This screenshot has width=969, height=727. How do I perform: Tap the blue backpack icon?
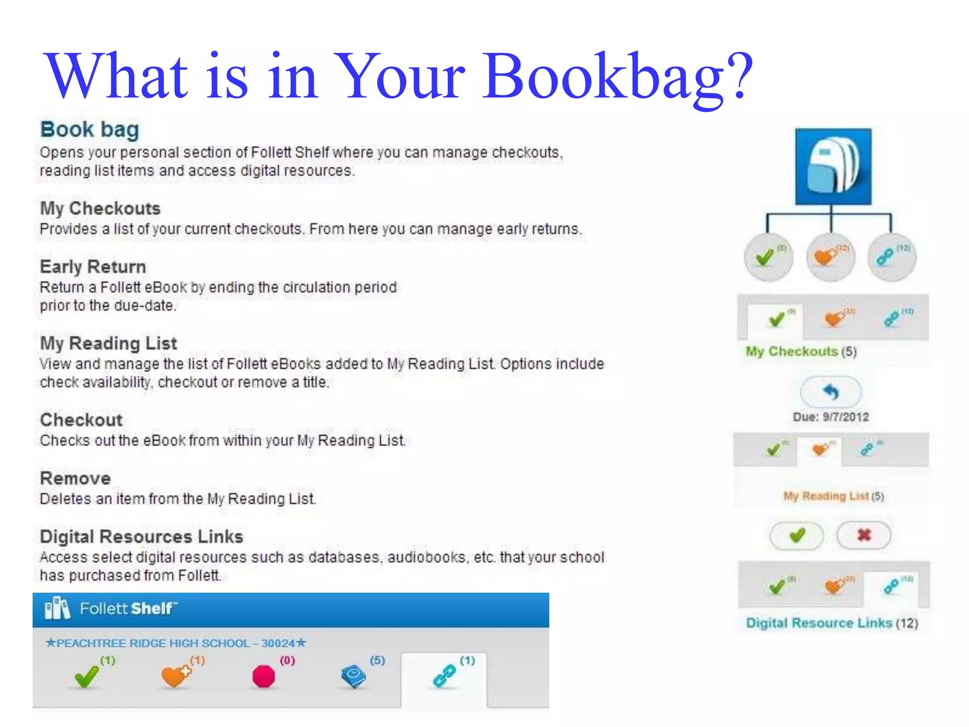point(833,167)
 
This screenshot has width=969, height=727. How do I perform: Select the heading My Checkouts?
point(100,208)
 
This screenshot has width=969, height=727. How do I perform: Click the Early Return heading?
point(93,266)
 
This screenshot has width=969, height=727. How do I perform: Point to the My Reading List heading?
point(108,343)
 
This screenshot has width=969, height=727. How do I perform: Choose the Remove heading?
point(75,478)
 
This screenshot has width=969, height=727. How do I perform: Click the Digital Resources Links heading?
point(141,536)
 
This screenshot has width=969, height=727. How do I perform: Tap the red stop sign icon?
point(264,676)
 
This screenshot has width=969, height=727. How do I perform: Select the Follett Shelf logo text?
point(128,609)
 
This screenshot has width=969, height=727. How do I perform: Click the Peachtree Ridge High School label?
point(176,643)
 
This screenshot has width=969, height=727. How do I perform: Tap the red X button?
point(863,535)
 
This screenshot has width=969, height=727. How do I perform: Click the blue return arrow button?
point(831,392)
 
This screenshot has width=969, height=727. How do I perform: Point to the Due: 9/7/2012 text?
point(831,417)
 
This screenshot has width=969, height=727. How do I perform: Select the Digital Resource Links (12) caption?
point(832,623)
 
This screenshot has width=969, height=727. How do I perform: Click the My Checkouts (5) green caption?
point(801,351)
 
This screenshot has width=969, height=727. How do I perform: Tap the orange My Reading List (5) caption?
point(833,496)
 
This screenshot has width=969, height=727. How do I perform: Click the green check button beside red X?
point(797,535)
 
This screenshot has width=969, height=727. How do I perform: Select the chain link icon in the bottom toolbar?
point(444,676)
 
